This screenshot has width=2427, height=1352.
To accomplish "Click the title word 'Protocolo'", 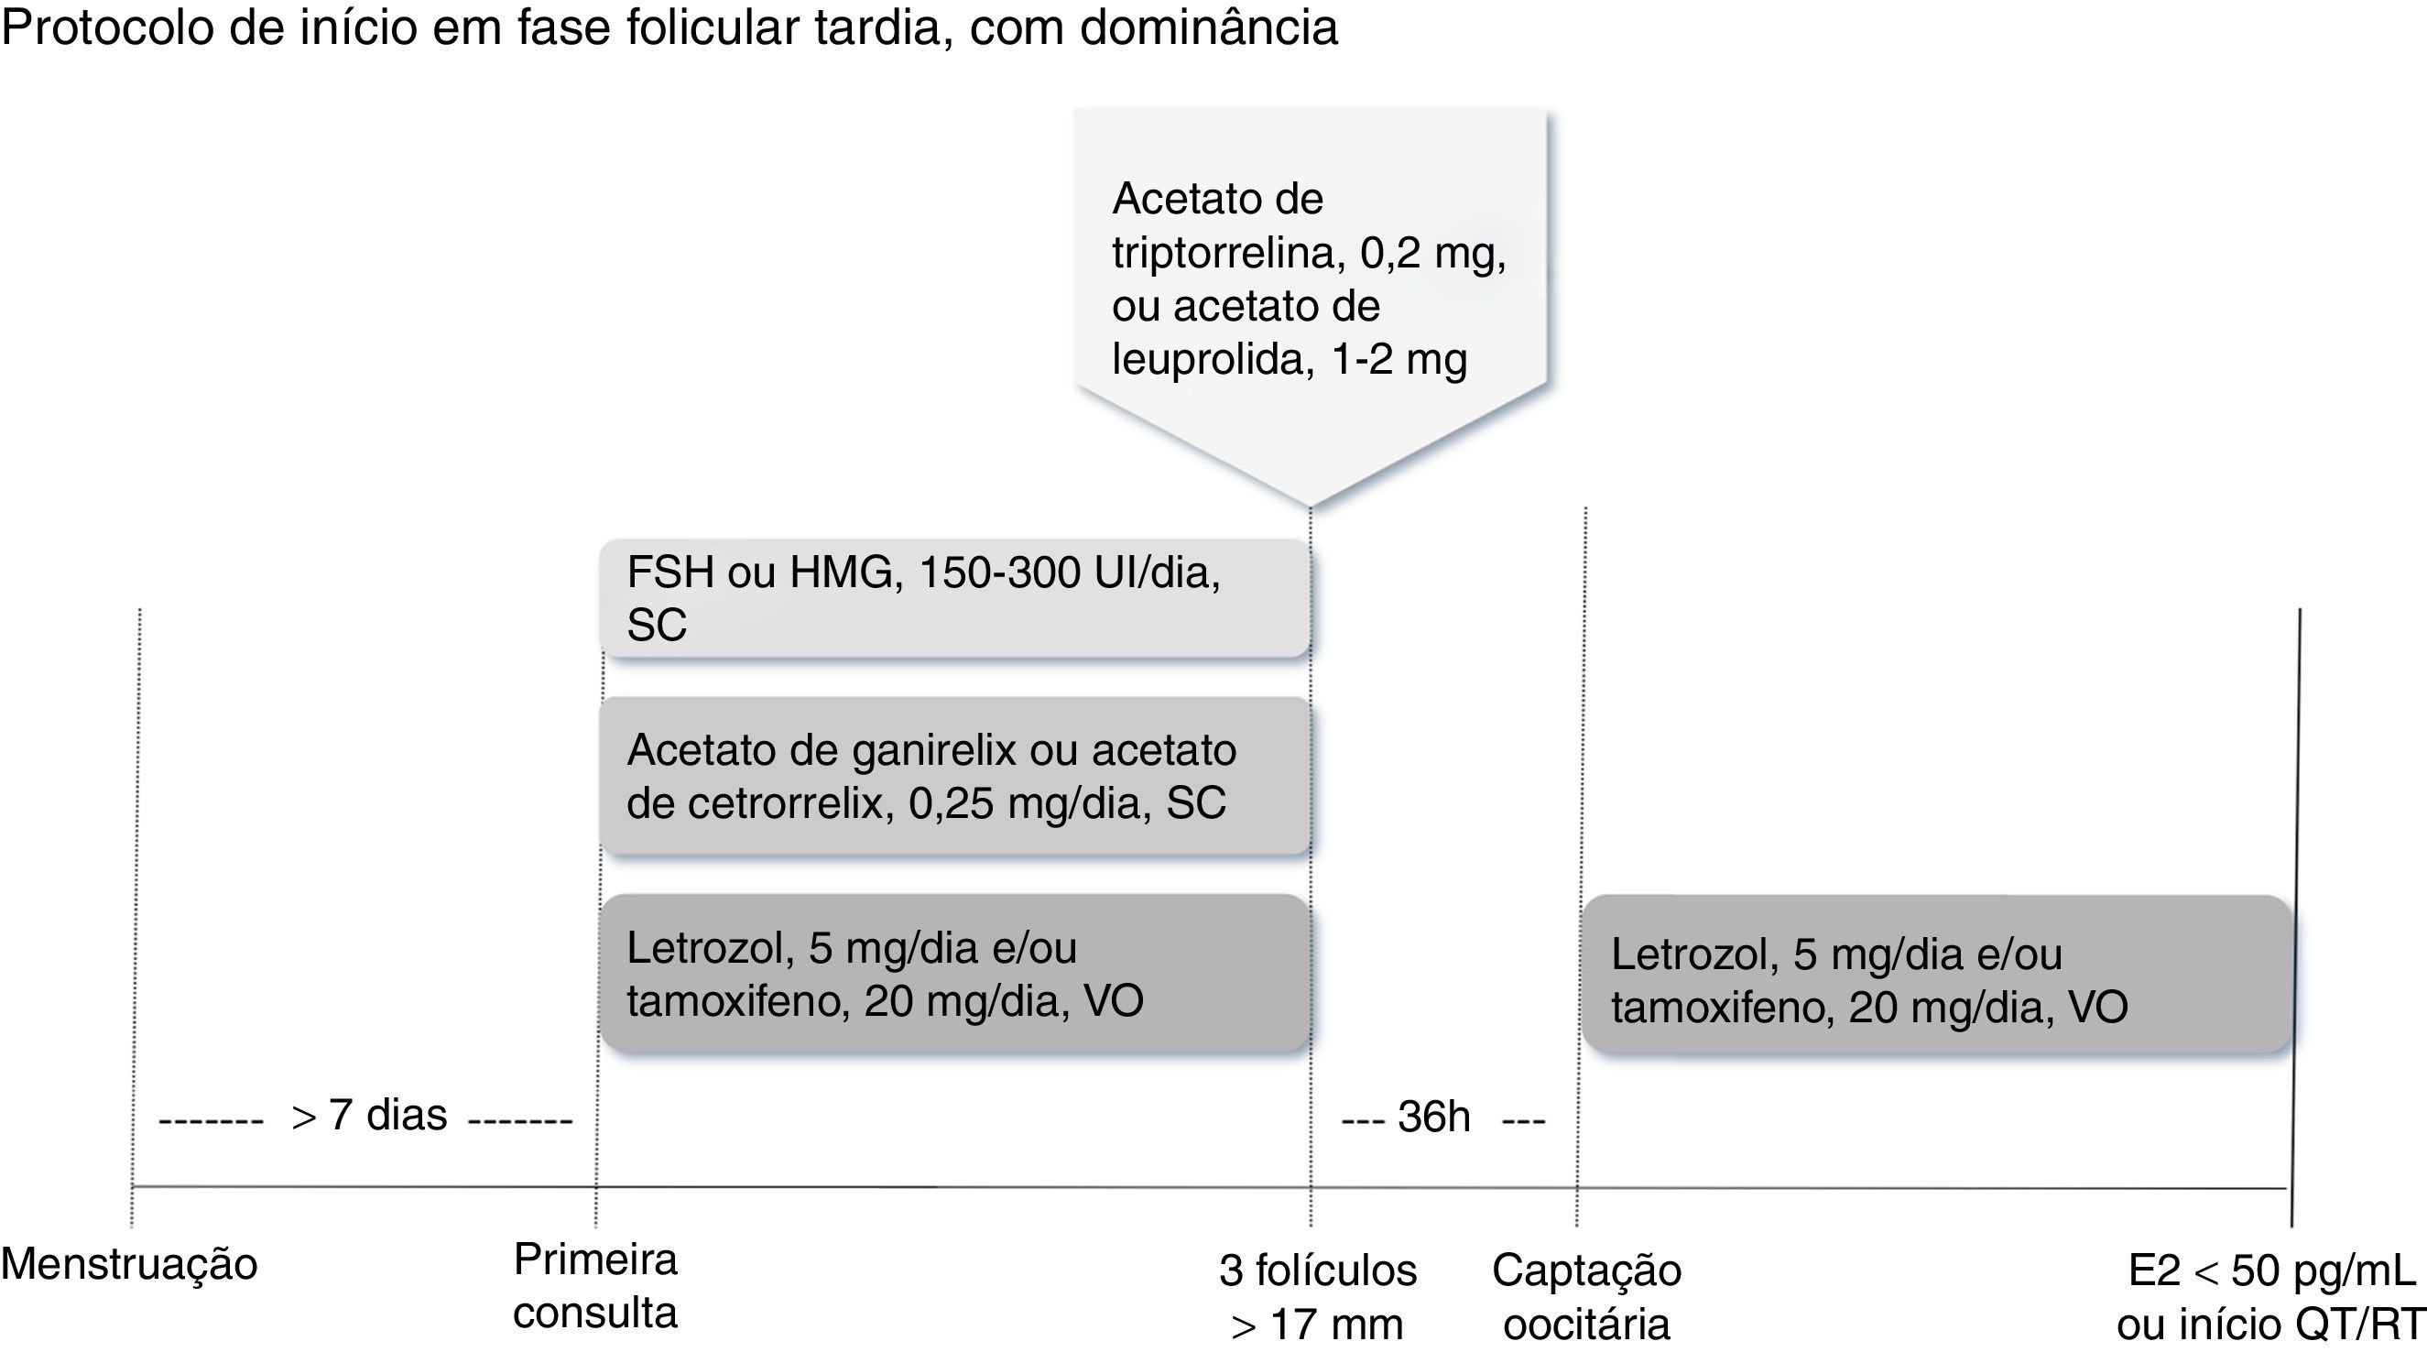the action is [x=106, y=27].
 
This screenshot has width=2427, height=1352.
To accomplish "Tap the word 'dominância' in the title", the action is [x=1209, y=27].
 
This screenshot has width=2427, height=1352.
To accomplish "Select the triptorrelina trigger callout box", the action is [x=1310, y=283].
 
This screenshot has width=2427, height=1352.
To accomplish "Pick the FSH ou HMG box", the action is [x=954, y=597].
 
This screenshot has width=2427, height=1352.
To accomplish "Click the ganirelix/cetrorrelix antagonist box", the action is [x=954, y=776].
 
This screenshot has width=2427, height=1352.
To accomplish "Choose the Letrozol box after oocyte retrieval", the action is [x=1936, y=975].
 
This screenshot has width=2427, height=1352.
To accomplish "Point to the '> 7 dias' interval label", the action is [x=369, y=1117].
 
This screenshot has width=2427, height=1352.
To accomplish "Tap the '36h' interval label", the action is [x=1434, y=1118].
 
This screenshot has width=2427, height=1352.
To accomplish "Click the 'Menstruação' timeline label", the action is [x=129, y=1264].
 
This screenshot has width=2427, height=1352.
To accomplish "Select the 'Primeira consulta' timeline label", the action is [x=595, y=1286].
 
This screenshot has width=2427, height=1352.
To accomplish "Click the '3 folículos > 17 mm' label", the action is [x=1317, y=1297].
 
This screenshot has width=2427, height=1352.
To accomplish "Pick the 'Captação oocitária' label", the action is [x=1586, y=1297].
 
